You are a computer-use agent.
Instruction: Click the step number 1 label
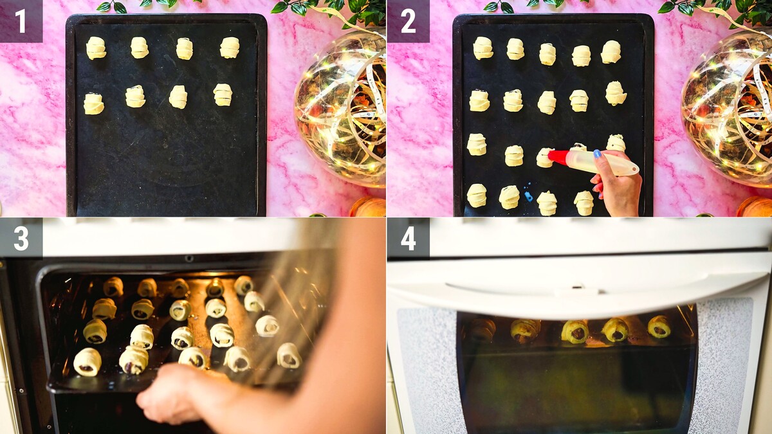(x=21, y=21)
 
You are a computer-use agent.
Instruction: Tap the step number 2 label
(x=408, y=21)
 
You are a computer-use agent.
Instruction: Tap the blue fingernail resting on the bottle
(x=597, y=154)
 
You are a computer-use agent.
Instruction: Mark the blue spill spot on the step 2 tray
(x=528, y=195)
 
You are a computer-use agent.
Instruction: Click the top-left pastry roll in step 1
(x=96, y=48)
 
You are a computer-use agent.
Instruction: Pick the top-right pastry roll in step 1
(x=230, y=48)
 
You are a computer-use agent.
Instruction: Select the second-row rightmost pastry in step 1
(x=223, y=95)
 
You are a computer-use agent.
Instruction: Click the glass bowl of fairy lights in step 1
(x=340, y=109)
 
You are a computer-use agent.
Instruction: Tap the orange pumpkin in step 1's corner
(x=368, y=206)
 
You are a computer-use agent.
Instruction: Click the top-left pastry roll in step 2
(x=483, y=48)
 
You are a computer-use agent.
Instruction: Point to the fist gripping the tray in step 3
(x=172, y=393)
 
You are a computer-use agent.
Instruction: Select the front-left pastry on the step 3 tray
(x=87, y=361)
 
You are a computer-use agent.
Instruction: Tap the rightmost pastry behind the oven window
(x=659, y=327)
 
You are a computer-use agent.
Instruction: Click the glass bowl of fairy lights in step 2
(x=727, y=109)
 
